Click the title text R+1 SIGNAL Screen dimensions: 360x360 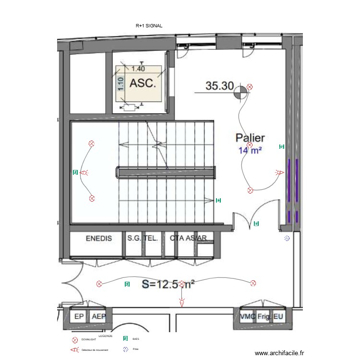tap(149, 26)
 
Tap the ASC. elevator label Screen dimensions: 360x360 tap(143, 84)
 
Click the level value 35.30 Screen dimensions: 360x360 tap(219, 86)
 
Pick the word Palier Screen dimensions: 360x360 tap(250, 138)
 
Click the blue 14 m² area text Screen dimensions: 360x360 tap(250, 150)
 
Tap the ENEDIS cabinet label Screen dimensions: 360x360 tap(101, 238)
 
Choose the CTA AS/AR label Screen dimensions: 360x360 tap(189, 238)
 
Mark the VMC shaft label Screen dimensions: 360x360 tap(248, 317)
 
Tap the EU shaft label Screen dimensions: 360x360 tap(278, 317)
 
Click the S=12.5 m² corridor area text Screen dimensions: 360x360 tap(168, 284)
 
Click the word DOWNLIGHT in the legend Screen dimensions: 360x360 tap(89, 340)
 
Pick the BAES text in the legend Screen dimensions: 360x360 tap(135, 339)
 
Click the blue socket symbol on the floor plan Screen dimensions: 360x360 tap(287, 238)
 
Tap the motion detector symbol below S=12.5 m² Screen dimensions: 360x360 tap(181, 302)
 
